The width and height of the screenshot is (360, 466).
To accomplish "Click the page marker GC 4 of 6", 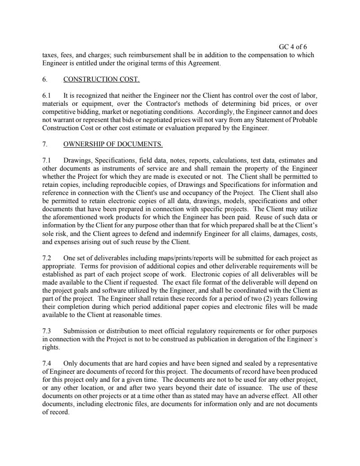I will coord(293,47).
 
